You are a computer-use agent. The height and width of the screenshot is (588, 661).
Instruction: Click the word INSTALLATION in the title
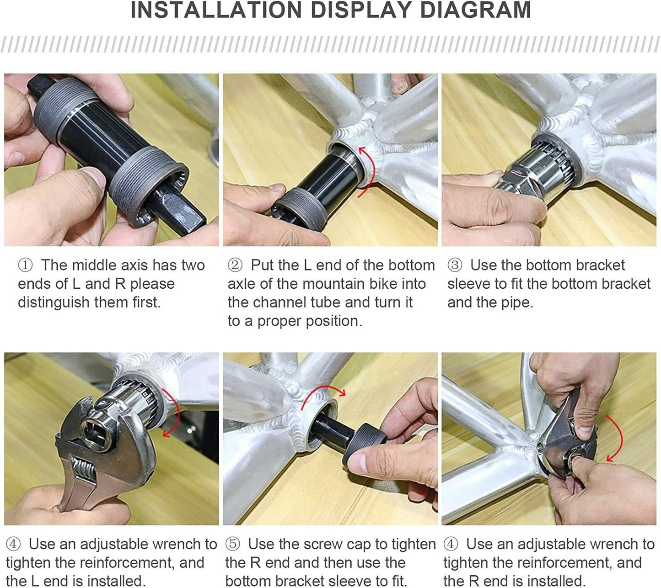216,10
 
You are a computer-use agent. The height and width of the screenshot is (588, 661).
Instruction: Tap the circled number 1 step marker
25,265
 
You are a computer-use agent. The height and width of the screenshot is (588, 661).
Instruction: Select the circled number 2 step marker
235,265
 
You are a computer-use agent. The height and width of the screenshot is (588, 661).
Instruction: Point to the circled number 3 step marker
455,265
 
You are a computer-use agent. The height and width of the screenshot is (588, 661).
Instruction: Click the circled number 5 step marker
233,544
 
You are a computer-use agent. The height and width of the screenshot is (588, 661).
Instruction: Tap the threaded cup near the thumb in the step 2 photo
299,209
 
